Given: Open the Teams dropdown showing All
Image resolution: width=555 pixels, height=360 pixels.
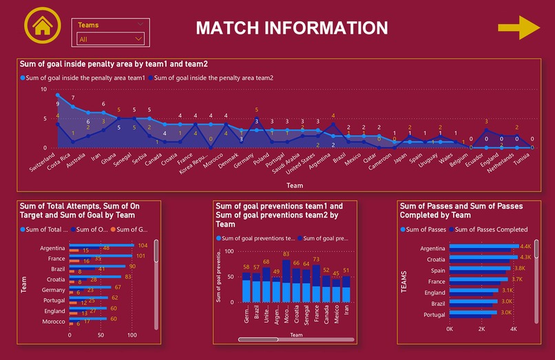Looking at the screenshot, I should (x=110, y=39).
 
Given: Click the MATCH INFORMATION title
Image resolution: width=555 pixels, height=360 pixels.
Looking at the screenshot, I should (x=291, y=28).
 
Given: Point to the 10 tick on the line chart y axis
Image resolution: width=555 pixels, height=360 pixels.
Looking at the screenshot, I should (x=44, y=89).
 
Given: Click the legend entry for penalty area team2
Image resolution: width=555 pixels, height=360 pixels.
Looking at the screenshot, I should (x=213, y=78).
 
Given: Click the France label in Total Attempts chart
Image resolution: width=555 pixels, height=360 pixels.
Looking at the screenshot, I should (x=56, y=258).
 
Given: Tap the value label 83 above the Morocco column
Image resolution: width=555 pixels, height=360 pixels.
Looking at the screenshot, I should (x=285, y=254).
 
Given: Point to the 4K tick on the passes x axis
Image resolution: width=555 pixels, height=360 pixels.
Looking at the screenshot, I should (x=514, y=329).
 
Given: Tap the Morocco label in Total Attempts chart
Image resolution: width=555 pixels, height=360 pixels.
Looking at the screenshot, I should (x=54, y=321).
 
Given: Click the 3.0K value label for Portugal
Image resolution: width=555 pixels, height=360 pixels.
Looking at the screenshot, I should (x=506, y=313).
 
